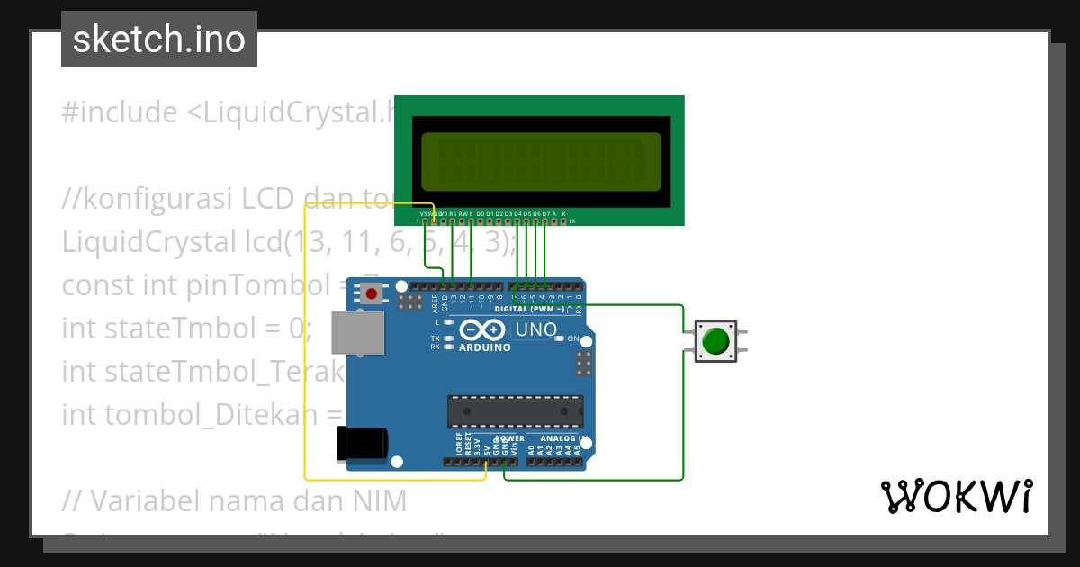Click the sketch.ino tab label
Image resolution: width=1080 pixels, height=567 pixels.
(x=159, y=40)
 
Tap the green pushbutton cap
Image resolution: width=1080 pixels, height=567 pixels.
(x=715, y=342)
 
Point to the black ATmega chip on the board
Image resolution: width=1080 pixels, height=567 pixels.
(x=515, y=410)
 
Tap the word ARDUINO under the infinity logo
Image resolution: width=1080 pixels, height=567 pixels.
(x=485, y=347)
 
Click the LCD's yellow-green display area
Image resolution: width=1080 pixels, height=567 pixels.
(x=541, y=161)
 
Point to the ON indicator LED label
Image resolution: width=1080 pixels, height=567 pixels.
(x=573, y=338)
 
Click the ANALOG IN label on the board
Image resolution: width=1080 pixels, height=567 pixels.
(x=563, y=439)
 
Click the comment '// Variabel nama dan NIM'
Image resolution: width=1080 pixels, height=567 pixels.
(x=234, y=500)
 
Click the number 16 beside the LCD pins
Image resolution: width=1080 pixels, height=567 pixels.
(x=571, y=220)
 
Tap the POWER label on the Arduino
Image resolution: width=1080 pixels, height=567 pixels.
(x=510, y=439)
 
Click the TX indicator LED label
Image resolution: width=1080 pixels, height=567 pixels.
(x=435, y=338)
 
